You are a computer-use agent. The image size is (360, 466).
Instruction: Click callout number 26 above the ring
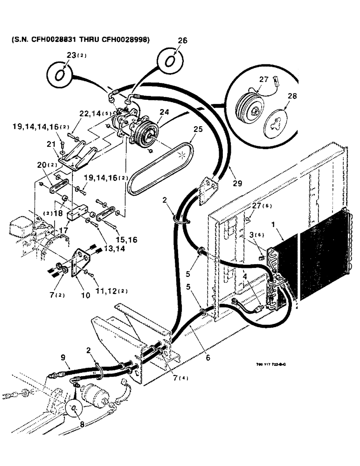point(182,41)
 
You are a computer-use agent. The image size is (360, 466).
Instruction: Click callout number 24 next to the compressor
point(164,112)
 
